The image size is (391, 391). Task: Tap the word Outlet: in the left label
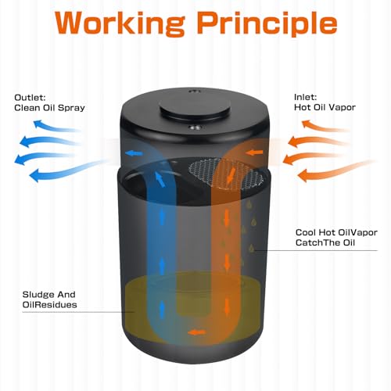point(30,98)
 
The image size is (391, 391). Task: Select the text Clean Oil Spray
point(49,108)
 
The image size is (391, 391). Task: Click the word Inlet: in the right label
point(305,97)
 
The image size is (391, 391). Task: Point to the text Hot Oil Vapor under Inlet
point(325,107)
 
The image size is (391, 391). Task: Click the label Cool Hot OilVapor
point(336,232)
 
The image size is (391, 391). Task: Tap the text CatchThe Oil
point(325,242)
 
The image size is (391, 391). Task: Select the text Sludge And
point(48,295)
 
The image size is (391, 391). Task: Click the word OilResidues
point(49,305)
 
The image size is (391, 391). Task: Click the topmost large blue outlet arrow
point(56,126)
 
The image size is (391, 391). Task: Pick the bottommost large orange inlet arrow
point(336,170)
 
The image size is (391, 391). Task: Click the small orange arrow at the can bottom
point(197,332)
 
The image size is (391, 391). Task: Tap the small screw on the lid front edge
point(195,127)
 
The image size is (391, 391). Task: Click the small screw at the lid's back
point(194,91)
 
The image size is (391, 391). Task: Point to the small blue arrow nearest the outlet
point(134,153)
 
